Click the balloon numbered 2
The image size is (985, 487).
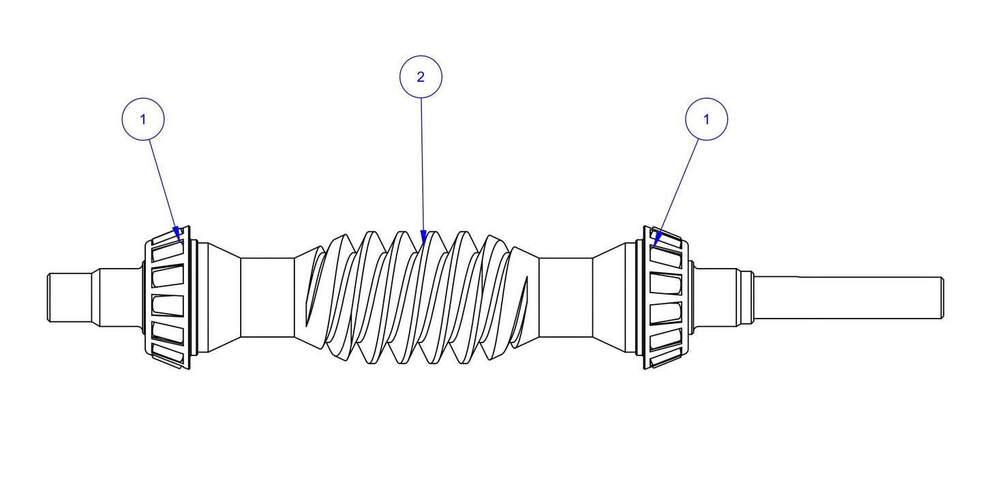(x=421, y=77)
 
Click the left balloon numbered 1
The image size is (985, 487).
(x=142, y=119)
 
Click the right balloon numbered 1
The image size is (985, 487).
(x=706, y=119)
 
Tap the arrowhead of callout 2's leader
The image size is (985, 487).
(x=423, y=238)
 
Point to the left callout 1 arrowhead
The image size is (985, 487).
(x=179, y=233)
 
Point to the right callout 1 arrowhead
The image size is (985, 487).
(x=656, y=238)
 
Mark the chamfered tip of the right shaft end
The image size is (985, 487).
(x=941, y=298)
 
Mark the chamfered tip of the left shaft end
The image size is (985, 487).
(x=49, y=298)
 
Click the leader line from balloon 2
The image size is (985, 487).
(x=422, y=164)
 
